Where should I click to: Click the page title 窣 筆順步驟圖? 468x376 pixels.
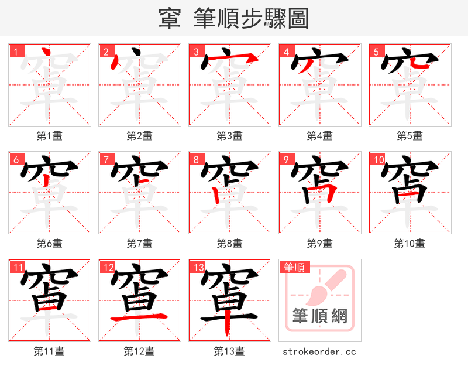coord(233,18)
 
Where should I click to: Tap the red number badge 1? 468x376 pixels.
coord(16,52)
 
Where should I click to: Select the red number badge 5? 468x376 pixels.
coord(376,52)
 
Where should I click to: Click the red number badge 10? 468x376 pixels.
coord(378,159)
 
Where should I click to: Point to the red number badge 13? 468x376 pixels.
coord(198,268)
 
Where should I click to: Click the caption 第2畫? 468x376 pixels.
coord(139,136)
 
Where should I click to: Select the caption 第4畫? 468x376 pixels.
coord(319,136)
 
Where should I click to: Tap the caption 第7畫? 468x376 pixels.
coord(139,244)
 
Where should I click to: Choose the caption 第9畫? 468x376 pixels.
coord(319,244)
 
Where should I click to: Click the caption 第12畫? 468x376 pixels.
coord(139,351)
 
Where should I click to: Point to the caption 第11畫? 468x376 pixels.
coord(49,351)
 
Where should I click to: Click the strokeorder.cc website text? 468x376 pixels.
coord(319,352)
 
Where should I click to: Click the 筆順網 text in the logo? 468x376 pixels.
coord(319,316)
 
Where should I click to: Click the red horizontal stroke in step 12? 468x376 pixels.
coord(139,317)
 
